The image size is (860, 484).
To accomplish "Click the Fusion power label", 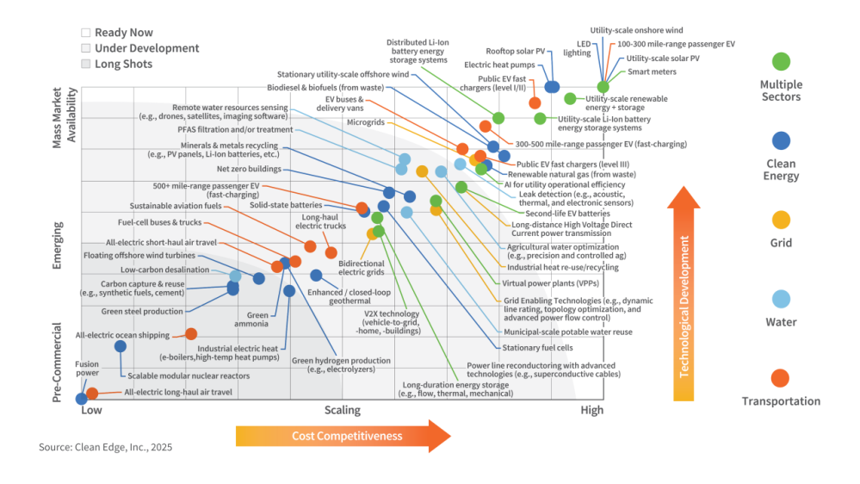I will pyautogui.click(x=87, y=369).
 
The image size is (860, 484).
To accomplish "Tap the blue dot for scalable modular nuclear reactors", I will pyautogui.click(x=121, y=346).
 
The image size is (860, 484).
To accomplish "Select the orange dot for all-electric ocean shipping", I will pyautogui.click(x=191, y=334).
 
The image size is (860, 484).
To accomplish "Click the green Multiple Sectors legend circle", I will pyautogui.click(x=781, y=62).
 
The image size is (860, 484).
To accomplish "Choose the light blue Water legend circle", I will pyautogui.click(x=781, y=300).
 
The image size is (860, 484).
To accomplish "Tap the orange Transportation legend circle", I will pyautogui.click(x=781, y=378).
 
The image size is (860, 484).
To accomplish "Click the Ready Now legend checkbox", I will pyautogui.click(x=85, y=33).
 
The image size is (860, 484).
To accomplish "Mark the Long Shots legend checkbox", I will pyautogui.click(x=85, y=64).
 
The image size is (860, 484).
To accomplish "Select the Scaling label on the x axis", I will pyautogui.click(x=343, y=410).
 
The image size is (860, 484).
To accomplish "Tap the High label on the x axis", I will pyautogui.click(x=591, y=410).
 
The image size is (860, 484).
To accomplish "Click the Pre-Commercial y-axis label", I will pyautogui.click(x=59, y=362).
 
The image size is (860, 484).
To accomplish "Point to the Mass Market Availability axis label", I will pyautogui.click(x=65, y=116).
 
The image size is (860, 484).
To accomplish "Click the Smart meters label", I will pyautogui.click(x=652, y=72).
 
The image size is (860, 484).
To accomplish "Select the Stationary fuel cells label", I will pyautogui.click(x=537, y=348).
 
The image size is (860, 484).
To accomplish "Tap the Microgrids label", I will pyautogui.click(x=367, y=122).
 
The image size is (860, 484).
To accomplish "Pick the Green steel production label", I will pyautogui.click(x=142, y=312).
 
